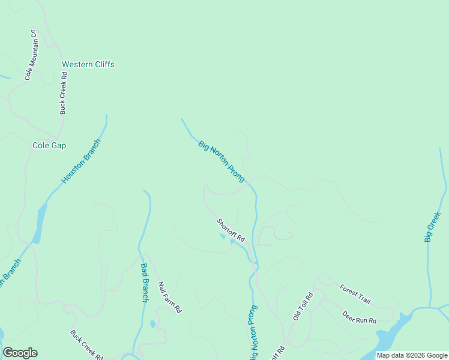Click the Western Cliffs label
(88, 64)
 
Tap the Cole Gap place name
(49, 145)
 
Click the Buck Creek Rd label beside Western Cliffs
(63, 93)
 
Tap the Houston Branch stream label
(82, 161)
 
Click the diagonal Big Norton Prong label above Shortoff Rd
(221, 161)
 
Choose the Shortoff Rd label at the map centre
(231, 230)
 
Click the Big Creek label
(433, 227)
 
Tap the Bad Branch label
(144, 282)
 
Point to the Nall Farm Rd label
(169, 298)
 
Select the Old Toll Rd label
(303, 307)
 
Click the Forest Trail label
(355, 293)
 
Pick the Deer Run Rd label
(359, 316)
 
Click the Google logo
(20, 353)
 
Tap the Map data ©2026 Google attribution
(412, 355)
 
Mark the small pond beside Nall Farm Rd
(152, 324)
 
